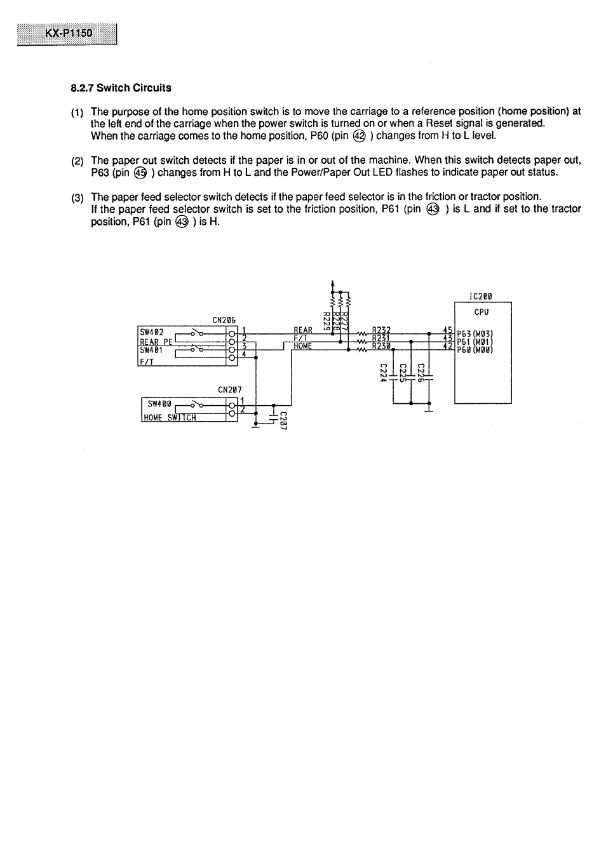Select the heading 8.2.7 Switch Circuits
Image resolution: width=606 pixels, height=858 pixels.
click(x=121, y=88)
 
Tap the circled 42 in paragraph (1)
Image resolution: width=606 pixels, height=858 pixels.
click(x=360, y=136)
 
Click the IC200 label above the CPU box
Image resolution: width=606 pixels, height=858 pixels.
click(x=480, y=296)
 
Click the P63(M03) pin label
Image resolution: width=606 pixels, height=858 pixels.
click(x=475, y=335)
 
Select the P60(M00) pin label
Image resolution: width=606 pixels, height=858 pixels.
click(x=475, y=349)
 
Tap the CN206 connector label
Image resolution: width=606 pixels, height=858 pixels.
click(x=224, y=320)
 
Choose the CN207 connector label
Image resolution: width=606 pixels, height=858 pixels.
click(x=229, y=389)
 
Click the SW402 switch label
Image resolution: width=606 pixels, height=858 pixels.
click(x=152, y=332)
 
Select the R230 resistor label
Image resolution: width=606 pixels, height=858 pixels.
click(x=381, y=346)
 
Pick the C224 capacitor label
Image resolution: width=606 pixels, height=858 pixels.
click(x=383, y=373)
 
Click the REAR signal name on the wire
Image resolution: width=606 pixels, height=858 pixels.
click(x=303, y=330)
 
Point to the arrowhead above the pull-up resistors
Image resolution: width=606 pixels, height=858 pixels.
click(x=332, y=284)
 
